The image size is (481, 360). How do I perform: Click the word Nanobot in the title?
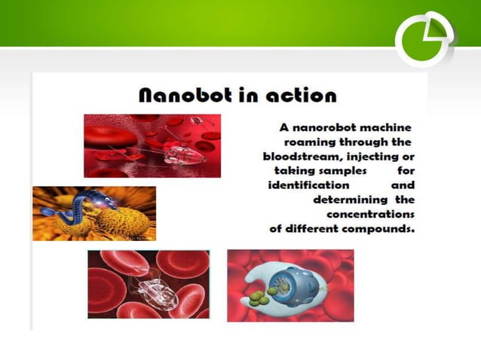coord(180,96)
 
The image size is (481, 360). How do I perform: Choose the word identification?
coord(308,185)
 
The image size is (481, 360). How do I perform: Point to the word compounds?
coord(379,227)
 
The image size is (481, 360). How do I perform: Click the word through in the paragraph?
coord(365,142)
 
